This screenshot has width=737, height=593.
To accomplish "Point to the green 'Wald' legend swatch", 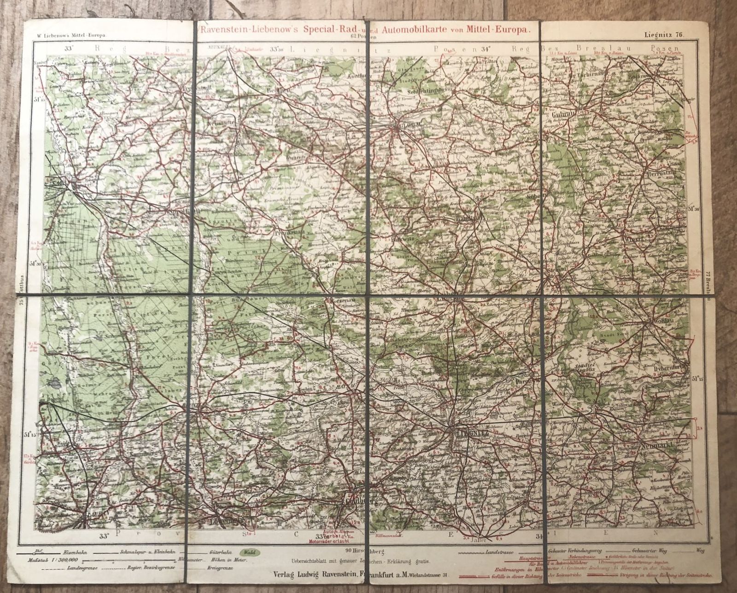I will pos(251,552).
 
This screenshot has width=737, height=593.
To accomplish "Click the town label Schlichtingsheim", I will pos(422,90).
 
